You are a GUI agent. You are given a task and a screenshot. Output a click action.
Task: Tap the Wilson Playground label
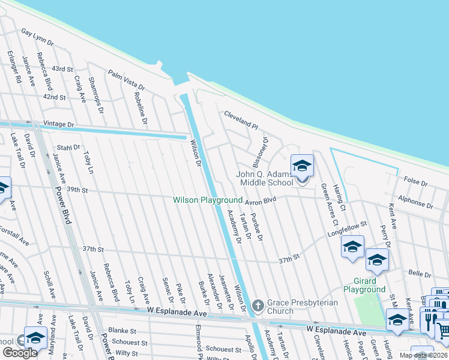click(208, 200)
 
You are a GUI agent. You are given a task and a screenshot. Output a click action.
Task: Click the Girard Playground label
click(364, 285)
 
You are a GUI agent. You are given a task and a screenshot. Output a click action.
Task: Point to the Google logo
click(19, 353)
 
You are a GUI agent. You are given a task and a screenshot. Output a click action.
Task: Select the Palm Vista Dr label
click(127, 80)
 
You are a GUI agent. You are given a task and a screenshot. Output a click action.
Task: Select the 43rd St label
click(62, 70)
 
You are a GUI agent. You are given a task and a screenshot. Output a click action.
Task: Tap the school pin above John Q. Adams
click(302, 166)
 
